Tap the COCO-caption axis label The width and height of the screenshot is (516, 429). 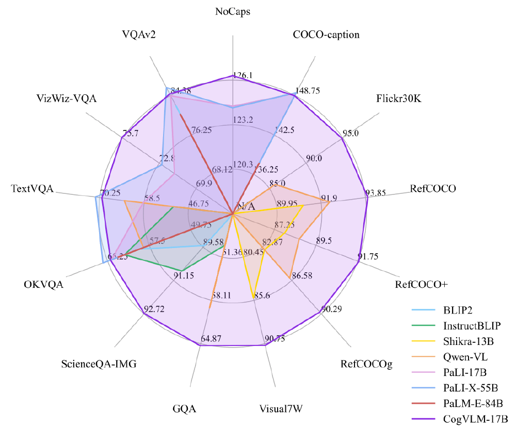326,35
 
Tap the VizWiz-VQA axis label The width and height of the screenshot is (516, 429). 67,98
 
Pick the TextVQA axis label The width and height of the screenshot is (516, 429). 32,189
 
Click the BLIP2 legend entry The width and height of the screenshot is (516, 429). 458,310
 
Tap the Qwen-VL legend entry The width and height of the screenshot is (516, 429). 465,356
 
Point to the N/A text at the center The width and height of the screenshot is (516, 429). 246,206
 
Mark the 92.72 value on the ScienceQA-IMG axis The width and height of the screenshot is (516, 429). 155,309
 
